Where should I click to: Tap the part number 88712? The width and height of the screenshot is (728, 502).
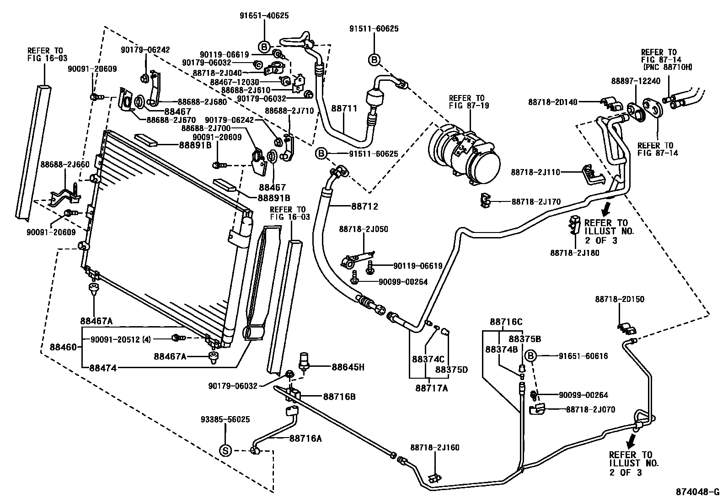coord(365,206)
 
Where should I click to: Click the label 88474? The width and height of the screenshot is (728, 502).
coord(103,367)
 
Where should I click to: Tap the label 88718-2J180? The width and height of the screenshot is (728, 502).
coord(575,253)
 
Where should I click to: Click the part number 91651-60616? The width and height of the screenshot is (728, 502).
coord(583,356)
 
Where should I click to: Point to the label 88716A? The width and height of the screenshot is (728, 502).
coord(305,439)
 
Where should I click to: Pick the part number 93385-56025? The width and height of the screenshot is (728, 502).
coord(225,419)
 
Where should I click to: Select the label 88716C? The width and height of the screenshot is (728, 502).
coord(506,322)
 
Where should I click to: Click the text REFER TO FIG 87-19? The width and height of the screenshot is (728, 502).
coord(466,102)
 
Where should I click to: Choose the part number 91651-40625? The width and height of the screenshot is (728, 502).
coord(264,16)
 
